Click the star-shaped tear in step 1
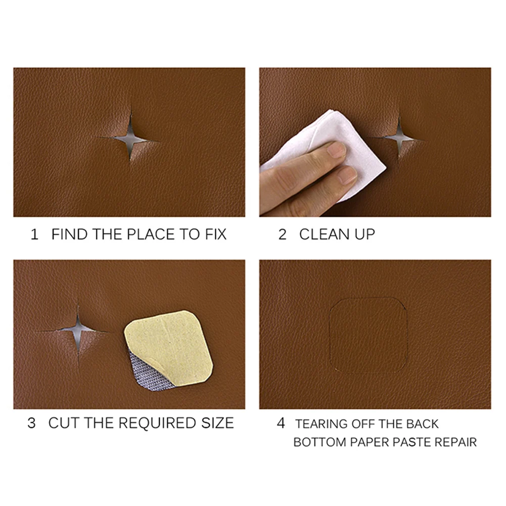tap(130, 137)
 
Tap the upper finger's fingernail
tap(336, 149)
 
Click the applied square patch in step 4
tap(369, 336)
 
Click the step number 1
tap(34, 235)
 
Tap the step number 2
tap(282, 235)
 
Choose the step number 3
tap(31, 423)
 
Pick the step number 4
tap(281, 423)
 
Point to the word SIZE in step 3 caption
tap(216, 423)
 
